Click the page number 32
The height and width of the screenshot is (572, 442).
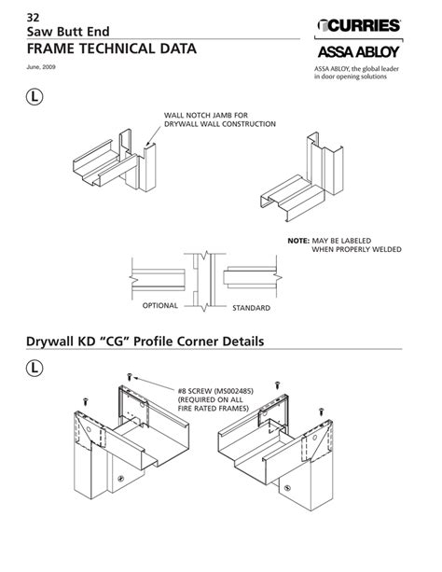coord(33,18)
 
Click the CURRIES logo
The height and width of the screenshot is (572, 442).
coord(359,25)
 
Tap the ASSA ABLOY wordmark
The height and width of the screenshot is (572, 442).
coord(359,52)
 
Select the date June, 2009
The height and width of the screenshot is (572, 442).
coord(41,67)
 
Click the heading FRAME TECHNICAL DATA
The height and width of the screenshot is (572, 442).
coord(112,49)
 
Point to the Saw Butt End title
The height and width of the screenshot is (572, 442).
coord(68,32)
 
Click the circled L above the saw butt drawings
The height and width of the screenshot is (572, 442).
coord(35,97)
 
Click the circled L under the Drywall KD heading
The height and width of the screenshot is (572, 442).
coord(35,368)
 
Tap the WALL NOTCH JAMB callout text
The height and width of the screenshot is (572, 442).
coord(220,119)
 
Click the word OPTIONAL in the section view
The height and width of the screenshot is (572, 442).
coord(160,305)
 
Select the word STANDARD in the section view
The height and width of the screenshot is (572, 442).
coord(251,308)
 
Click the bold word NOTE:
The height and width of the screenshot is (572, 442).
coord(298,241)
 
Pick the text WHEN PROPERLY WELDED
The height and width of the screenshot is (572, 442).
coord(356,249)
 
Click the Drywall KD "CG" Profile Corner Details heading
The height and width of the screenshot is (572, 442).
coord(145,342)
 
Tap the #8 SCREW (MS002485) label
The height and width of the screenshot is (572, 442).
coord(215,391)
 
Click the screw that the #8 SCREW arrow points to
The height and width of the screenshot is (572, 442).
coord(129,376)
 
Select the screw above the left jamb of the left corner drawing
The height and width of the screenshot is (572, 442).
coord(86,401)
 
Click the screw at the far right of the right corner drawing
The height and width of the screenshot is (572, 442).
coord(321,412)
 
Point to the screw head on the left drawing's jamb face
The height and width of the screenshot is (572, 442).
coord(120,479)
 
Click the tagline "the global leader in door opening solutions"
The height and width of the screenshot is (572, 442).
coord(356,73)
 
